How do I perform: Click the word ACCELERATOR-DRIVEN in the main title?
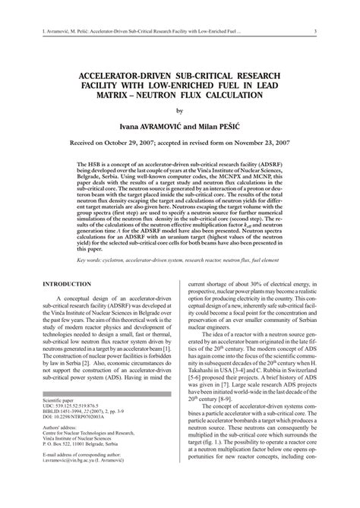(115, 77)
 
